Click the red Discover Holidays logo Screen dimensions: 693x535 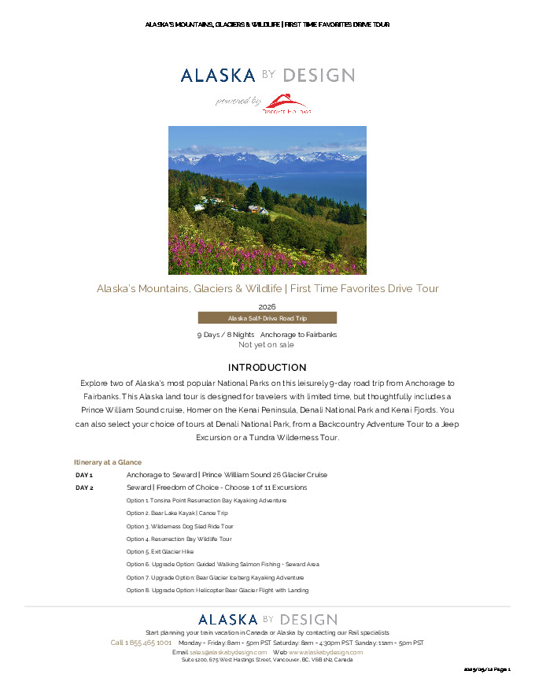(287, 103)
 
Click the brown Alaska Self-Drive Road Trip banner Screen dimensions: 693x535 (267, 318)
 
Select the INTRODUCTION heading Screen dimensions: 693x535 (267, 368)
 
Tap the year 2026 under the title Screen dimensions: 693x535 (267, 306)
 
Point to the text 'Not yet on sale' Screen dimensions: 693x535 (267, 345)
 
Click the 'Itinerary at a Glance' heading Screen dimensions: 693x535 (108, 462)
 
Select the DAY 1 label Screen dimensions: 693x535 (84, 476)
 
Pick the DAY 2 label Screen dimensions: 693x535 (84, 488)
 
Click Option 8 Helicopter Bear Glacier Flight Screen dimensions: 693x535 (217, 591)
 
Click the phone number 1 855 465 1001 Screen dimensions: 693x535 (141, 643)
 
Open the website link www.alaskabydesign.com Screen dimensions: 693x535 (325, 653)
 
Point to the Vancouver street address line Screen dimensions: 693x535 (267, 660)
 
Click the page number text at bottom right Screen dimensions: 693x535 (488, 669)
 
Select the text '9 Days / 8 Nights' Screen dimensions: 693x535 (225, 335)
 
